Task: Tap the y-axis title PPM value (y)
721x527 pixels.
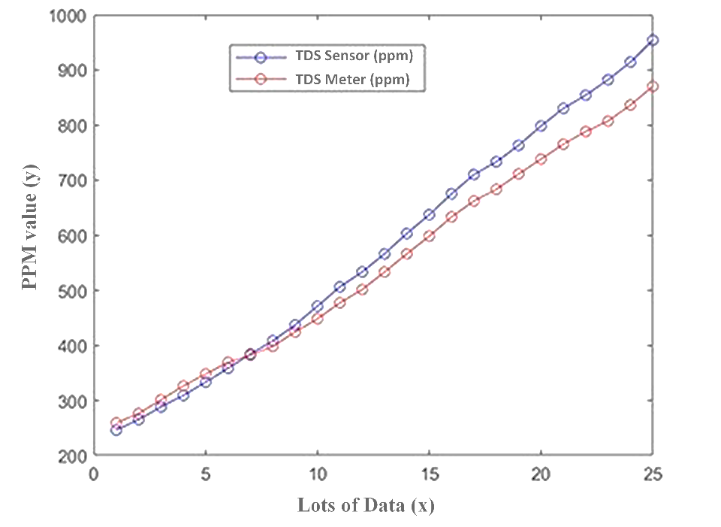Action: click(30, 235)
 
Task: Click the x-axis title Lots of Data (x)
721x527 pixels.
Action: click(366, 504)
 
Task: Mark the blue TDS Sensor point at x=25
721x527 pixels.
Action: click(653, 40)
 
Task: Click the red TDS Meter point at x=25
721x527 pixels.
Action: click(653, 86)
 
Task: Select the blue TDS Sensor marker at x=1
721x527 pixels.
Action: click(116, 429)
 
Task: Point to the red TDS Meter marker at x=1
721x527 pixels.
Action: click(116, 423)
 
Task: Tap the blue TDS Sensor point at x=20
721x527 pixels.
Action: click(541, 126)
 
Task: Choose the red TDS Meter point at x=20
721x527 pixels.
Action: click(541, 159)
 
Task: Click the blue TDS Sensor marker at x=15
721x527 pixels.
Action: click(429, 215)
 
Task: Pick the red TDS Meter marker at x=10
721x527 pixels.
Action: click(317, 319)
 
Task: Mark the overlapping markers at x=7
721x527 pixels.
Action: click(250, 354)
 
